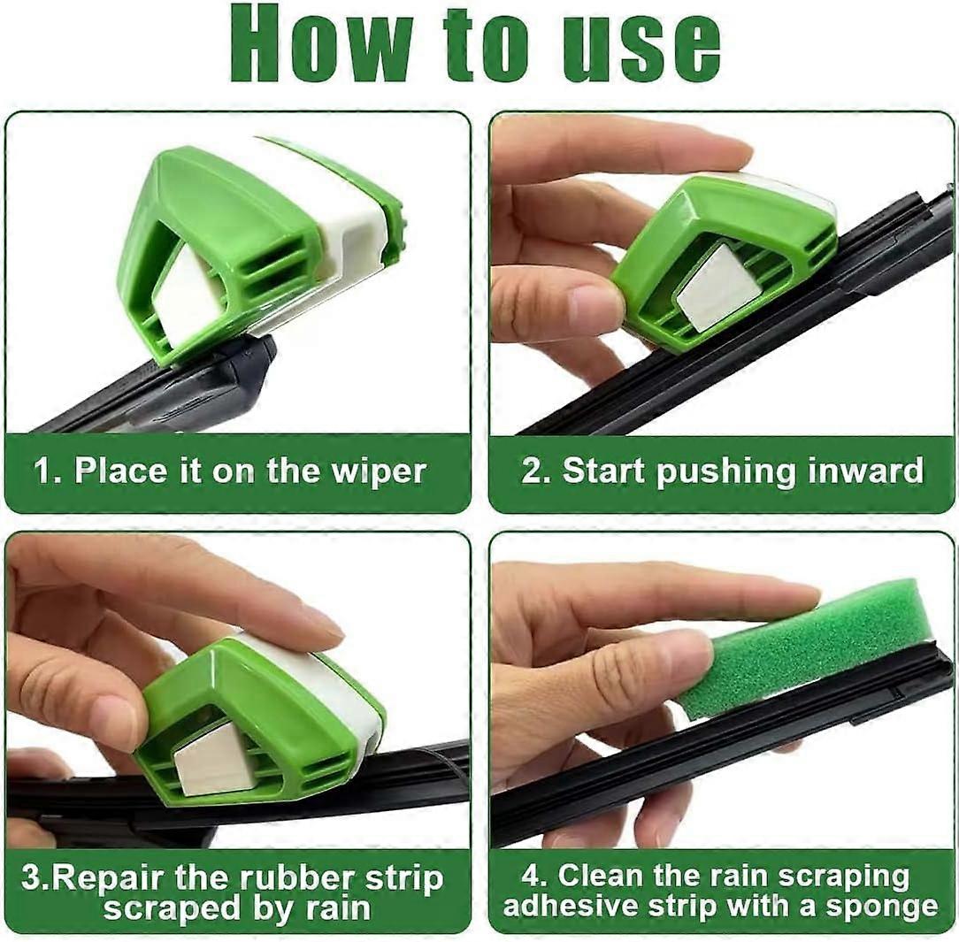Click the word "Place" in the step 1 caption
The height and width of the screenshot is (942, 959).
pyautogui.click(x=120, y=471)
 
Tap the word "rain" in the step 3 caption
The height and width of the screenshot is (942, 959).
pyautogui.click(x=338, y=908)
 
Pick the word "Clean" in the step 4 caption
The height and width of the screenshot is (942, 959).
pyautogui.click(x=602, y=876)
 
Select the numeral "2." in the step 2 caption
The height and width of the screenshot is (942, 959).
pyautogui.click(x=536, y=471)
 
